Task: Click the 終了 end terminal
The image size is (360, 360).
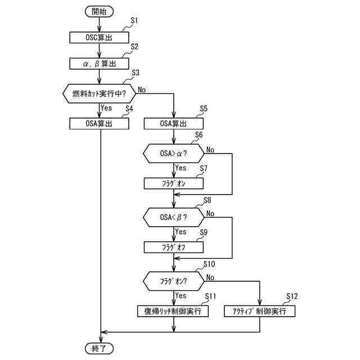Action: click(99, 349)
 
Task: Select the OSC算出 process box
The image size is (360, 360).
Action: click(99, 37)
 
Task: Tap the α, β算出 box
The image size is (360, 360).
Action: click(99, 63)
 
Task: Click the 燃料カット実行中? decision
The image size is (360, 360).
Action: click(99, 92)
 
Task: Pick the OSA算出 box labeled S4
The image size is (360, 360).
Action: click(99, 123)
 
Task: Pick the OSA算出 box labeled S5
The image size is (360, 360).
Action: click(173, 123)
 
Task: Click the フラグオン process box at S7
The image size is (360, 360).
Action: click(173, 183)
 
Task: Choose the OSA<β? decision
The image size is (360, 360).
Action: click(173, 216)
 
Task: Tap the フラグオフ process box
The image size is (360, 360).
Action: click(173, 247)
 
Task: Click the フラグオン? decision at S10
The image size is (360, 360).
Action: click(173, 280)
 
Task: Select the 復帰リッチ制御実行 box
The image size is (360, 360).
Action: click(173, 310)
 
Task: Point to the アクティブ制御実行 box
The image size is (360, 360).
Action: click(259, 310)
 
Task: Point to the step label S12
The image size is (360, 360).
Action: click(292, 296)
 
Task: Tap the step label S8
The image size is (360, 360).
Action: click(207, 200)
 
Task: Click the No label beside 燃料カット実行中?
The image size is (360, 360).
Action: click(142, 89)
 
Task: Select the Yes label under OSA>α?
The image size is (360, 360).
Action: click(181, 168)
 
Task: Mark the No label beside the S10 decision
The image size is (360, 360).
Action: click(210, 277)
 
